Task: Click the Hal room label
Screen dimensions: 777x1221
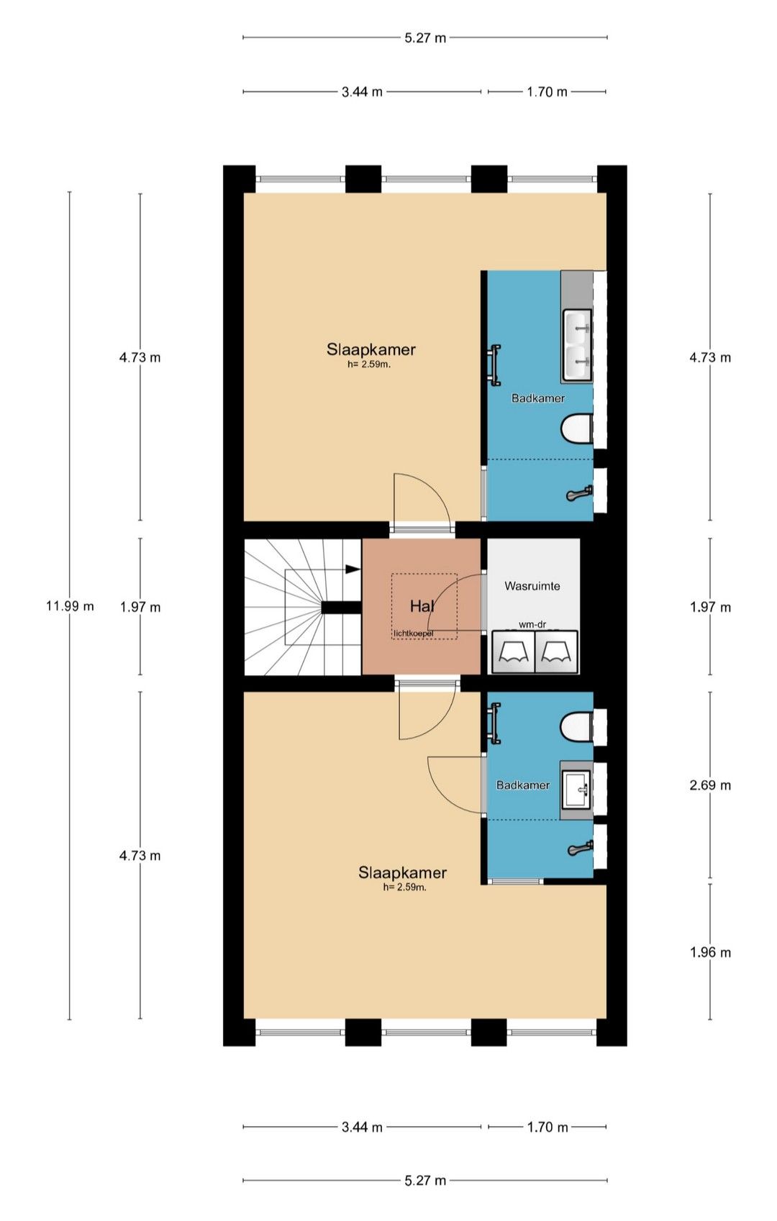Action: (x=422, y=605)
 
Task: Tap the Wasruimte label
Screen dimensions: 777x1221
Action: (x=532, y=586)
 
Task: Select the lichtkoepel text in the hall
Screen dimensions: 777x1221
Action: (x=413, y=634)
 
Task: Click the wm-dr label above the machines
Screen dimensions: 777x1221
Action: (x=532, y=625)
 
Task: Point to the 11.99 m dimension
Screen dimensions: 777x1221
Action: (x=70, y=605)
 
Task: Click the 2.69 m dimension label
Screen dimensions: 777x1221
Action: (x=710, y=785)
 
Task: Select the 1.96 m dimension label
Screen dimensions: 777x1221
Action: (x=710, y=952)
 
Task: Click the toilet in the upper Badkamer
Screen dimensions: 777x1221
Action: (x=577, y=429)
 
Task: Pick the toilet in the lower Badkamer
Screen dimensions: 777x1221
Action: (x=577, y=726)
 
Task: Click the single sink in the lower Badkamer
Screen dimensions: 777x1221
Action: (x=577, y=790)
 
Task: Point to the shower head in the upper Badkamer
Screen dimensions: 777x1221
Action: (x=580, y=494)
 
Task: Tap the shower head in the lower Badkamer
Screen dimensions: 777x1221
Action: (x=580, y=849)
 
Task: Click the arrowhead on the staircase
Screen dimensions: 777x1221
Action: (x=353, y=569)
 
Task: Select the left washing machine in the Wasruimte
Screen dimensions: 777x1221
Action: (x=513, y=652)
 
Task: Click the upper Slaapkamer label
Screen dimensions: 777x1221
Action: (x=371, y=349)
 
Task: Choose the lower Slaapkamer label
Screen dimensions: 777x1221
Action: (x=402, y=873)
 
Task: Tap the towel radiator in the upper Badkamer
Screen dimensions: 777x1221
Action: (x=495, y=365)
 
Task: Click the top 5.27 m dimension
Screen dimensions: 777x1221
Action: (x=425, y=37)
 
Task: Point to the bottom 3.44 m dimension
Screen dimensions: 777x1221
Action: (x=362, y=1128)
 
